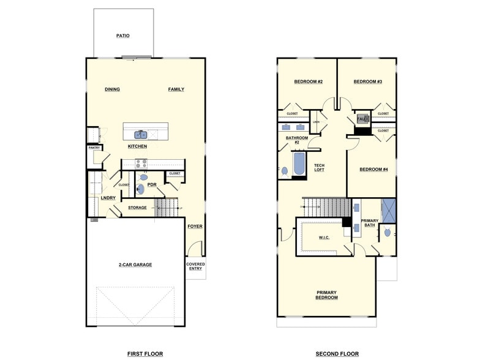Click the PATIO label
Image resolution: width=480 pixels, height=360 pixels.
coord(123,36)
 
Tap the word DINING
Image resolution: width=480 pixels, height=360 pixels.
coord(112,89)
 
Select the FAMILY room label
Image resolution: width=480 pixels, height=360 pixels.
coord(176,89)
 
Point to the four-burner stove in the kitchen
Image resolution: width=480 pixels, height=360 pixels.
coord(141,163)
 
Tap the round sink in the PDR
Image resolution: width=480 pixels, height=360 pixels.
coord(140,189)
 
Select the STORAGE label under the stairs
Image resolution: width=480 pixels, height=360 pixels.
coord(137,208)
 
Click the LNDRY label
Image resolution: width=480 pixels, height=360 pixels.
coord(108,198)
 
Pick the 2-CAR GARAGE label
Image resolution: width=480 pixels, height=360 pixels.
coord(135,265)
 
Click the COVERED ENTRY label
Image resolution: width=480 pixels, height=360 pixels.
coord(196,267)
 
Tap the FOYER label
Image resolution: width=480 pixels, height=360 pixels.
coord(195,227)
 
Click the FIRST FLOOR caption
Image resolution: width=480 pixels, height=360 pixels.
coord(144,354)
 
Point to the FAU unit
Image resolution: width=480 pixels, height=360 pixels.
coord(362,118)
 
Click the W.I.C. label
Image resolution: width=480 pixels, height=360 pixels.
coord(324,238)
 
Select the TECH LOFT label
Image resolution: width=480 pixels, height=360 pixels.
coord(320,167)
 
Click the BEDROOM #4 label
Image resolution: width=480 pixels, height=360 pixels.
coord(373,170)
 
